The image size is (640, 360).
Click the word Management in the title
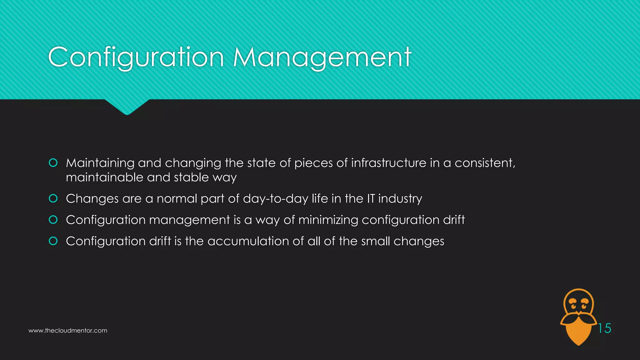click(322, 57)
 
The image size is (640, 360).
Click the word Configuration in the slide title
click(136, 57)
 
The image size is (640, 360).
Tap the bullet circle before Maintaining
click(53, 163)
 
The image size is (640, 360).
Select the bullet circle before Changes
click(53, 198)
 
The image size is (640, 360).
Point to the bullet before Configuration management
click(53, 220)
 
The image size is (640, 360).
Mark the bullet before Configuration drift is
click(53, 241)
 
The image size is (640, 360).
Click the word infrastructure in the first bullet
click(389, 163)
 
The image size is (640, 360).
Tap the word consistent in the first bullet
click(484, 163)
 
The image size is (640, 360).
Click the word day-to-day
click(276, 199)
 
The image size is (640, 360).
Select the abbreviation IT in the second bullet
click(371, 198)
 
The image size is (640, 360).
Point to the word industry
click(400, 199)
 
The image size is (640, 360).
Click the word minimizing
click(328, 220)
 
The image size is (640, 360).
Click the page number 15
click(604, 328)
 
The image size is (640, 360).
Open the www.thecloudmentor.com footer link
click(68, 331)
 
